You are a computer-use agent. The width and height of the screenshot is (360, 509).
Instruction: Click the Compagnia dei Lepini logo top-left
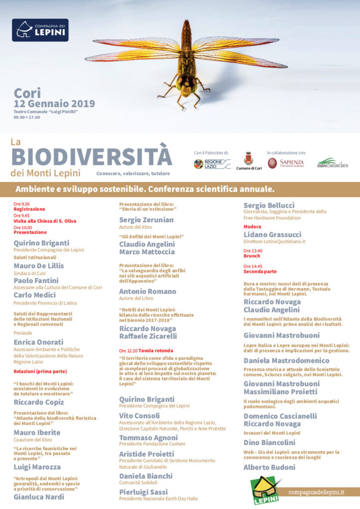point(40,30)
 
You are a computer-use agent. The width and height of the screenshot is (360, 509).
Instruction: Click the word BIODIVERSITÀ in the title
point(91,156)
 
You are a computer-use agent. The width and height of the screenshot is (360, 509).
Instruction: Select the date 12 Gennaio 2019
point(54,103)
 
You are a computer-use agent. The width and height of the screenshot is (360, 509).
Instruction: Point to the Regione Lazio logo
point(212,164)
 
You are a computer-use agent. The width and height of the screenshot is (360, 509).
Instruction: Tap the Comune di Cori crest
point(248,159)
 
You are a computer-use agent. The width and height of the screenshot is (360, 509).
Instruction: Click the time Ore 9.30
point(21,204)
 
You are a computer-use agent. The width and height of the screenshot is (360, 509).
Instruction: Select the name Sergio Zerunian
point(146,220)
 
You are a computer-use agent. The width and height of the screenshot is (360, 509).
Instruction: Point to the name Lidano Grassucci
point(272,234)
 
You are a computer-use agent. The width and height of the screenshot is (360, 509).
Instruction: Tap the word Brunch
point(252,256)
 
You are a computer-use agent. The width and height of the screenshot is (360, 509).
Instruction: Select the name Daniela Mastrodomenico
point(286,360)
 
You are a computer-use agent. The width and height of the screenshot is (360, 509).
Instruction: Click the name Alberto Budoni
point(269,467)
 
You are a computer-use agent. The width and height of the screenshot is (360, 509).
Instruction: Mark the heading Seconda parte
point(260,272)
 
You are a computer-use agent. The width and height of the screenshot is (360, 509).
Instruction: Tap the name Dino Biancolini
point(269,442)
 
